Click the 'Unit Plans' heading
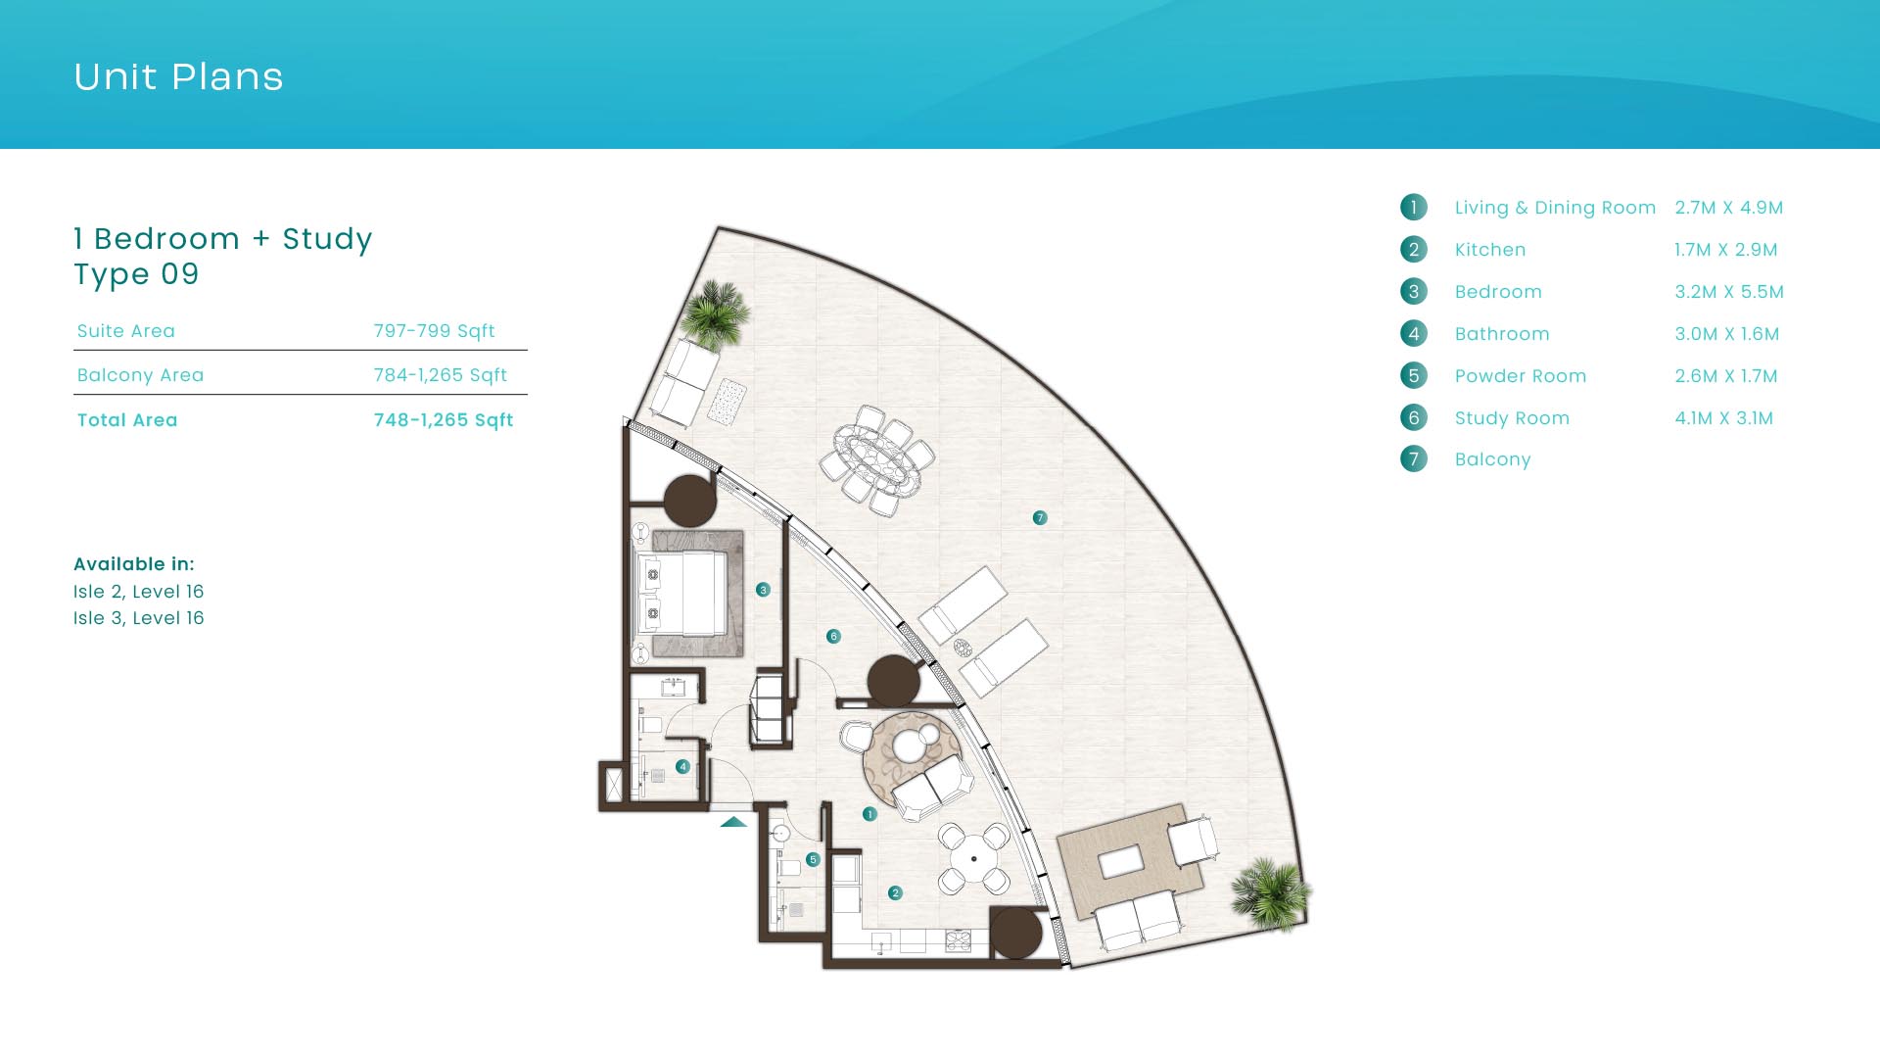(178, 76)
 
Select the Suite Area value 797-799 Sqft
(434, 331)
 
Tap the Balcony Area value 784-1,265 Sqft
(440, 375)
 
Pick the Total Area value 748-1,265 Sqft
(443, 420)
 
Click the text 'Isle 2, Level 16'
(138, 592)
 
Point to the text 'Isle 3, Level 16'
(138, 618)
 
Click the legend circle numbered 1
(1413, 207)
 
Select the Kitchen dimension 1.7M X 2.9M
(1725, 250)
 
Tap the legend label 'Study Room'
(1512, 418)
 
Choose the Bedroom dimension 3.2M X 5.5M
(1729, 292)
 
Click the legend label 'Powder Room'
(1520, 376)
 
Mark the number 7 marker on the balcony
(1040, 517)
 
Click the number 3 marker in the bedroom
(763, 590)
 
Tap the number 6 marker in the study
(833, 636)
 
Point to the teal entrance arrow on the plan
(733, 822)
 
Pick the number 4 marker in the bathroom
(682, 767)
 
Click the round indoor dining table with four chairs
(974, 859)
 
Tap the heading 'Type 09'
(136, 274)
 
